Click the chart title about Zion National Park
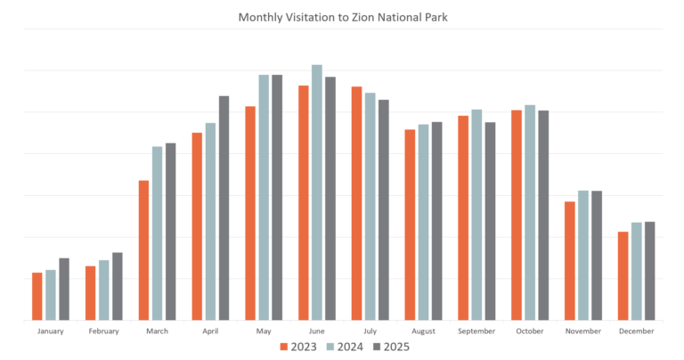coord(342,17)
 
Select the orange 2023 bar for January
coord(37,296)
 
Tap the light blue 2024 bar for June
coord(317,192)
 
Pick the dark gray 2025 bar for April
coord(224,208)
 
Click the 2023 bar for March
coord(143,250)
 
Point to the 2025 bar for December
coord(649,271)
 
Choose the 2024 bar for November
coord(583,255)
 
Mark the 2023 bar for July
coord(356,203)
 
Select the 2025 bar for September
coord(490,221)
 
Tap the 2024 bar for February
coord(104,290)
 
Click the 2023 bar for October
coord(517,215)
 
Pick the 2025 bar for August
coord(436,221)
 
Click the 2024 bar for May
coord(264,197)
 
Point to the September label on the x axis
coord(476,331)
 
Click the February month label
coord(104,331)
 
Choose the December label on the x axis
coord(636,331)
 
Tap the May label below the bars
coord(264,331)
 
